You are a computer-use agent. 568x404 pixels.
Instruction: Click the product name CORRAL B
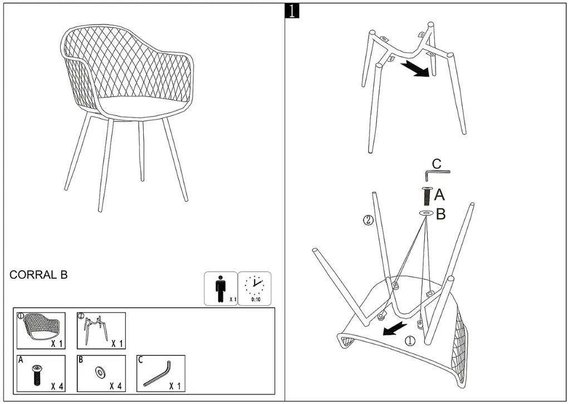[x=38, y=275]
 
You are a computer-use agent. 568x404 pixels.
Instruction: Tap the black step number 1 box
[x=291, y=11]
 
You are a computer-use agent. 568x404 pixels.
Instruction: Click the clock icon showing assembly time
[x=254, y=285]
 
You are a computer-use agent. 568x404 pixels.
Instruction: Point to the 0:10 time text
[x=255, y=300]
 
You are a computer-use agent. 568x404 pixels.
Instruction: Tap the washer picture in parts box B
[x=101, y=371]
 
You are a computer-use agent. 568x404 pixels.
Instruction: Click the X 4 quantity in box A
[x=56, y=386]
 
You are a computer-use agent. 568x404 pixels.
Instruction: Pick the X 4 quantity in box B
[x=116, y=386]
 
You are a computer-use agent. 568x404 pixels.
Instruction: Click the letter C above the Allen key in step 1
[x=437, y=164]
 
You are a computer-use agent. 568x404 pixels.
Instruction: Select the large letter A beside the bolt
[x=439, y=194]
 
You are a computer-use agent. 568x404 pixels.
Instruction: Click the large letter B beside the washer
[x=440, y=215]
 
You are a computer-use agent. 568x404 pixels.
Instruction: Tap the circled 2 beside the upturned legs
[x=368, y=220]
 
